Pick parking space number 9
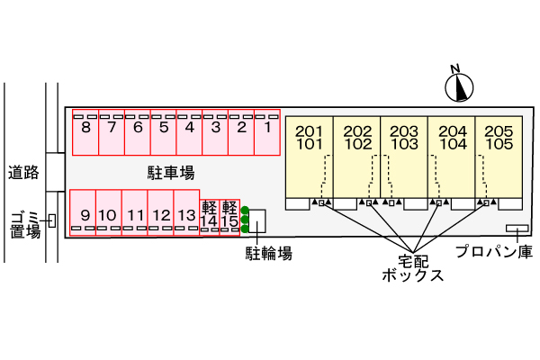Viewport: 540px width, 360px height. point(84,214)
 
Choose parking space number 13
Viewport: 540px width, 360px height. point(186,214)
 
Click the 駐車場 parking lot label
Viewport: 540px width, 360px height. point(171,172)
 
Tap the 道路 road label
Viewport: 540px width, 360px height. point(23,172)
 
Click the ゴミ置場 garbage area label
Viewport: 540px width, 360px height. point(24,224)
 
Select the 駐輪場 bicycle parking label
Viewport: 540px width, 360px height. point(269,254)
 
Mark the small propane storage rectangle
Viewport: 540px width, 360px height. point(517,227)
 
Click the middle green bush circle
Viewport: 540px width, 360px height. point(245,220)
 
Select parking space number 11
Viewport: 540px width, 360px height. point(135,214)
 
